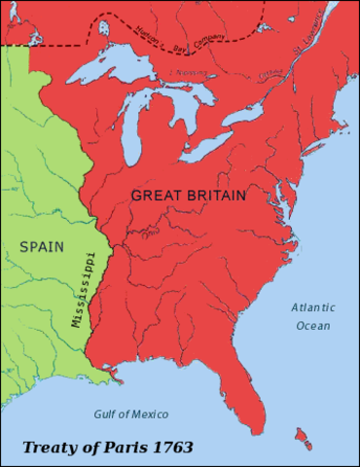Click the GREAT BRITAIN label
coord(188,195)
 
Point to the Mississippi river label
coord(79,290)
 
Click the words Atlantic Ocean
coord(311,316)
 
